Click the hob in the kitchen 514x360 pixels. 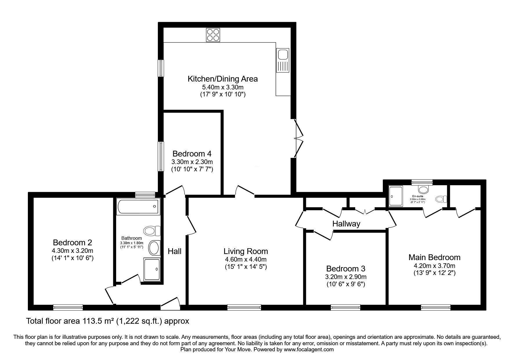(213, 35)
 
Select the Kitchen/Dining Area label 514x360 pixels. (223, 79)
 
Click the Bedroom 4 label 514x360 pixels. (192, 154)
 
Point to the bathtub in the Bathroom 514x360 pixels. (138, 207)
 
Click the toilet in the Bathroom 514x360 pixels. (152, 231)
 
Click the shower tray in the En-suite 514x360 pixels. (396, 196)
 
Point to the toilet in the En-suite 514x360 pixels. (441, 199)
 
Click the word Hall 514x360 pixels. (174, 251)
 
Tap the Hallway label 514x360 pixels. (346, 224)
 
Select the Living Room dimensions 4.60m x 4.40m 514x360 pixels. (246, 259)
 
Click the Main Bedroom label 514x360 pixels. (434, 257)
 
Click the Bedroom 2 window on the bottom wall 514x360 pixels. (68, 307)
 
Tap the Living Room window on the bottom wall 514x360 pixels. (244, 307)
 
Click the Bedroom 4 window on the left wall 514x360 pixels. (161, 156)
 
